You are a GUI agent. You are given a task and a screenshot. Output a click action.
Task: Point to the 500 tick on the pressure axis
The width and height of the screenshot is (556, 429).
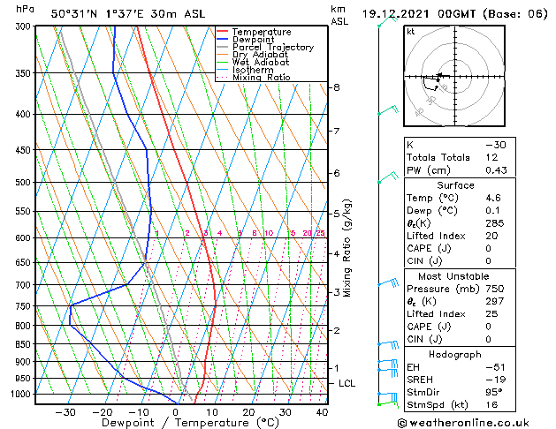tap(20, 183)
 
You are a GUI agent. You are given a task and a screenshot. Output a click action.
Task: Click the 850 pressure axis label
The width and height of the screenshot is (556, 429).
tap(20, 344)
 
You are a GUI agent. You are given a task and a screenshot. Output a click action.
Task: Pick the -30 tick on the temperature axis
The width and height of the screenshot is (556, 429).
tap(65, 411)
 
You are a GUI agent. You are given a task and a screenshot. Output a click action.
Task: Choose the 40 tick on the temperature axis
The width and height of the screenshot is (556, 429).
tap(321, 411)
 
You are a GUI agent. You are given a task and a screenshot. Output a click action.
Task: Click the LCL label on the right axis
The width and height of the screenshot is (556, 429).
tap(347, 384)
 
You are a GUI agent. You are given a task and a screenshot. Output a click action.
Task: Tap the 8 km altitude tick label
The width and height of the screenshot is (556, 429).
tap(337, 87)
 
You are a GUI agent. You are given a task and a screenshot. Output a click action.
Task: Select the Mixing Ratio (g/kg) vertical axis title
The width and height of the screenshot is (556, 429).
tap(348, 248)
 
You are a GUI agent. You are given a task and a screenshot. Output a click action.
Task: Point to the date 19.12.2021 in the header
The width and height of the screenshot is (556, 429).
tap(398, 14)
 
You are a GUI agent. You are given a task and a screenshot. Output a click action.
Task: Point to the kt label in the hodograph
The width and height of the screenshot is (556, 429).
tap(411, 32)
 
